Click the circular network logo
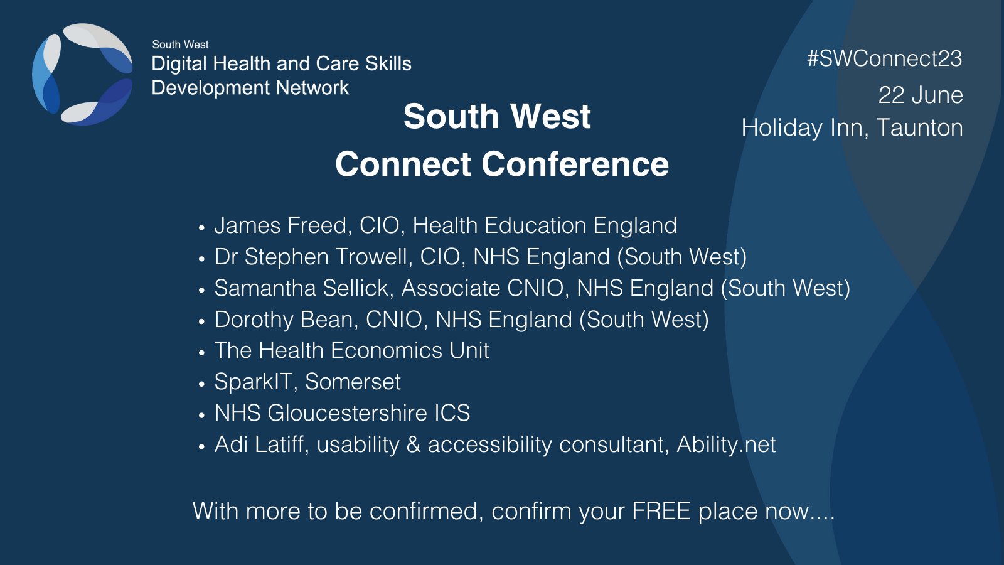point(82,74)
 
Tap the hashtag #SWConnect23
point(884,58)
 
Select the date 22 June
point(920,95)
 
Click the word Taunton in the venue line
point(919,128)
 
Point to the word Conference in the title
point(575,164)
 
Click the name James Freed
point(280,225)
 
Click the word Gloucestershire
point(347,413)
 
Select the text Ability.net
point(726,444)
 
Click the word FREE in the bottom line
point(661,511)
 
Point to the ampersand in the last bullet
point(414,444)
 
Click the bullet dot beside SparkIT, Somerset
point(201,384)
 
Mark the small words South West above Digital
point(180,45)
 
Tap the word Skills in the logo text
point(388,63)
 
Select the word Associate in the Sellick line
point(451,288)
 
